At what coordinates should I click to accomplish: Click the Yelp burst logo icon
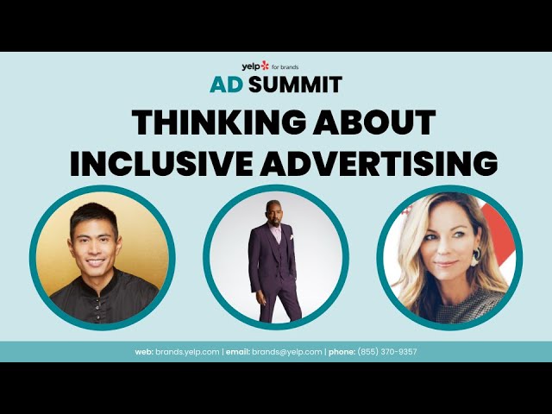pyautogui.click(x=265, y=66)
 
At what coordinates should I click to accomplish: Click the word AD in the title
pyautogui.click(x=226, y=85)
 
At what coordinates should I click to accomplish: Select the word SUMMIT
pyautogui.click(x=295, y=85)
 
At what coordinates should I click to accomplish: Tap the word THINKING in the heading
pyautogui.click(x=219, y=122)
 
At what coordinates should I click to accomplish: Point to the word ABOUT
pyautogui.click(x=374, y=122)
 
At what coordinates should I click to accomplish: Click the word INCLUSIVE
pyautogui.click(x=161, y=163)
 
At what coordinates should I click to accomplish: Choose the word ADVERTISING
pyautogui.click(x=379, y=163)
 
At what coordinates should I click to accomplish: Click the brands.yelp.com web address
pyautogui.click(x=187, y=352)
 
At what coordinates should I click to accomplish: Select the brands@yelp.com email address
pyautogui.click(x=286, y=352)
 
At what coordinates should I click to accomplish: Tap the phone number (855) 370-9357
pyautogui.click(x=387, y=352)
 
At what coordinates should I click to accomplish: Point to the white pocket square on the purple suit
pyautogui.click(x=292, y=237)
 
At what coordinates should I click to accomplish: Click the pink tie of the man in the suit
pyautogui.click(x=278, y=235)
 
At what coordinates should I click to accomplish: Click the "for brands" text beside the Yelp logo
pyautogui.click(x=285, y=67)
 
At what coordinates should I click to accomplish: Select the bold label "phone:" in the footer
pyautogui.click(x=342, y=352)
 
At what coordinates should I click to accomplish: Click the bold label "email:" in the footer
pyautogui.click(x=238, y=352)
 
